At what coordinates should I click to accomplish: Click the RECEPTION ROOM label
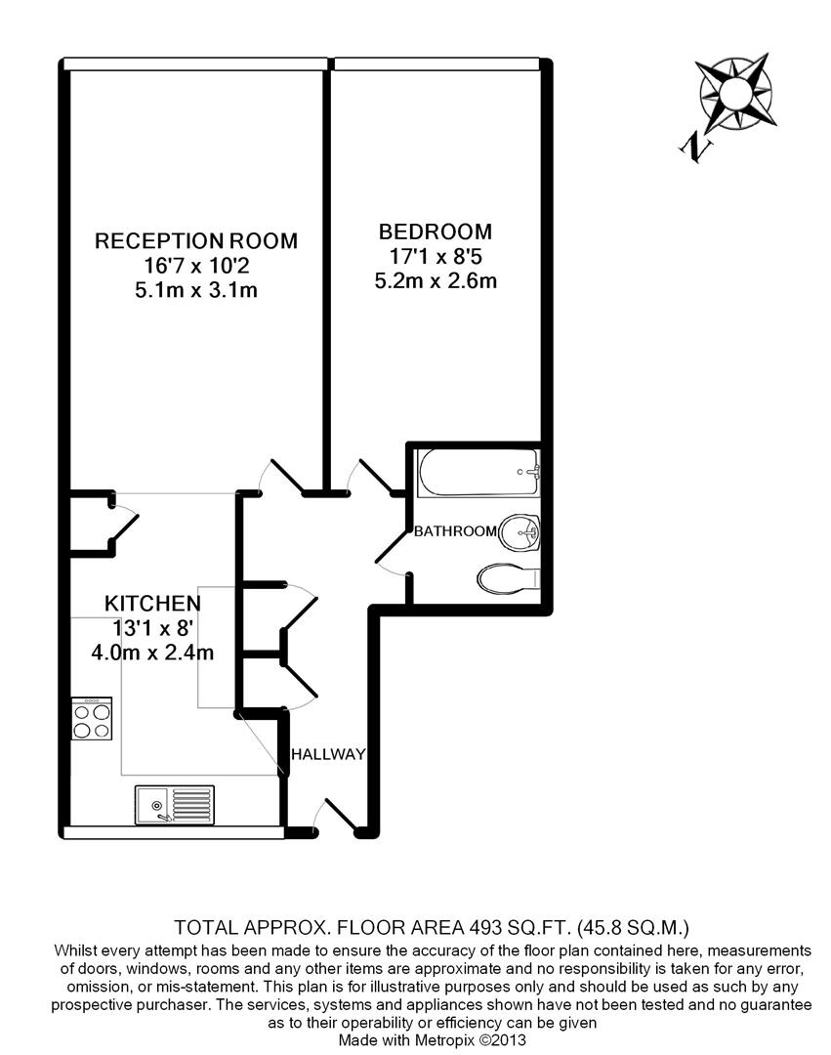(195, 240)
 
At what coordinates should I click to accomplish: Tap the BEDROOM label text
(436, 232)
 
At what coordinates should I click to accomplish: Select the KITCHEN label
(153, 603)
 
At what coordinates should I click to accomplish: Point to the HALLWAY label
(328, 754)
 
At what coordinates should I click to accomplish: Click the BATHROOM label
(456, 531)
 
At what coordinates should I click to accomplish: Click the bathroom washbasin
(519, 533)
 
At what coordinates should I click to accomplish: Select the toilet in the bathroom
(508, 579)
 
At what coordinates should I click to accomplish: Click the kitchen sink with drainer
(175, 805)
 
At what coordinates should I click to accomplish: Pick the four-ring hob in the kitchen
(93, 721)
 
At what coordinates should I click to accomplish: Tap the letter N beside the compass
(695, 147)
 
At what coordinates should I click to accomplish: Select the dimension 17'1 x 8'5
(436, 257)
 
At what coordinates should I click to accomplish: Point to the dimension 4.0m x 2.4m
(153, 652)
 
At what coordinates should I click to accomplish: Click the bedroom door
(374, 477)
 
